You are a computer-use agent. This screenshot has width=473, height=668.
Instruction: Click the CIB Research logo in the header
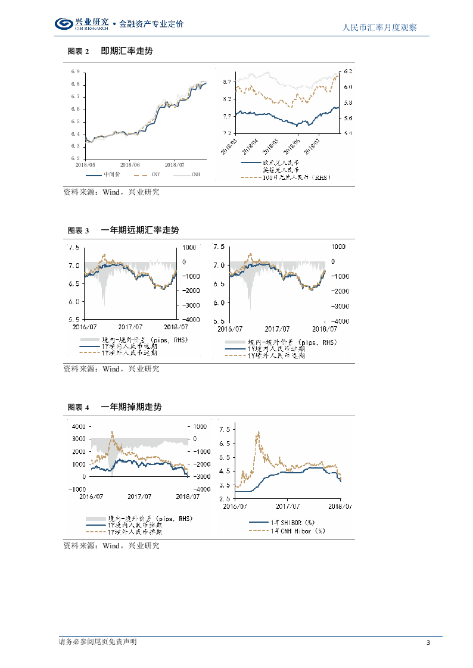(x=81, y=24)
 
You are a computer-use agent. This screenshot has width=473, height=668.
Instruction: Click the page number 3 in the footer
(x=428, y=642)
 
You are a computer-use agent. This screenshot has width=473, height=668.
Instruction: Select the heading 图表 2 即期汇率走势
(x=110, y=52)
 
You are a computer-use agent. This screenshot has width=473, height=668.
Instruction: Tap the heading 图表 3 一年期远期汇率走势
(x=123, y=230)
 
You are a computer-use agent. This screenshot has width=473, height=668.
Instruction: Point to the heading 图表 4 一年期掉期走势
(x=114, y=407)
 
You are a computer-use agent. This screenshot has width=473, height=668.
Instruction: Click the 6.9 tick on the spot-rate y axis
(x=75, y=72)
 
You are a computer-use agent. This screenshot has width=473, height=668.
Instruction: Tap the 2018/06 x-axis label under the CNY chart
(x=130, y=165)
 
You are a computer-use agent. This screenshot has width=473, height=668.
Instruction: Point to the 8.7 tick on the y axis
(x=227, y=81)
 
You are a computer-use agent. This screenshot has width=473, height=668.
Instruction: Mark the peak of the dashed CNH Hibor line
(x=258, y=432)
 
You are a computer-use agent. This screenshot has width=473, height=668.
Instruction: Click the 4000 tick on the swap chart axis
(x=79, y=427)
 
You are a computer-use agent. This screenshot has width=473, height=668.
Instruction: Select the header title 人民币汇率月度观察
(x=381, y=27)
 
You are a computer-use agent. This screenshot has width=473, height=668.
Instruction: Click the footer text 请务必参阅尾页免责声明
(x=98, y=642)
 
